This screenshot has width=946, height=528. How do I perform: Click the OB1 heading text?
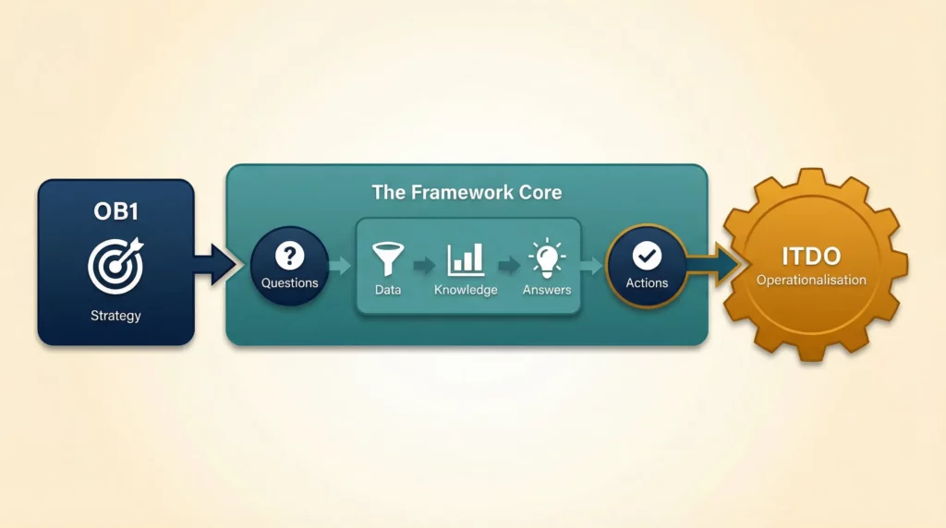[115, 210]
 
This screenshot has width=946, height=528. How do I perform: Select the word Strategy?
[115, 316]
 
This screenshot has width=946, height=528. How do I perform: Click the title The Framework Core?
[467, 193]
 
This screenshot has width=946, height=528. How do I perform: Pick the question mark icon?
[289, 254]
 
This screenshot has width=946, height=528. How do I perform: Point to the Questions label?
[289, 282]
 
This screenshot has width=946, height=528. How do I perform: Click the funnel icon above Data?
[388, 258]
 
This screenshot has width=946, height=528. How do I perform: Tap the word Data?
[388, 290]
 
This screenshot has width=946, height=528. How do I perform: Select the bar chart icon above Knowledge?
[466, 259]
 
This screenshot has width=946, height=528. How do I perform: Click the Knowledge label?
[466, 290]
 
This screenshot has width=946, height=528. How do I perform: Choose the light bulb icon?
[546, 258]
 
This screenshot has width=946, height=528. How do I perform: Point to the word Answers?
[547, 290]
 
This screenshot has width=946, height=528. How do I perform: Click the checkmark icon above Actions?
[647, 254]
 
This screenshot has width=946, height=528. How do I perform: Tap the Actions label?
[647, 282]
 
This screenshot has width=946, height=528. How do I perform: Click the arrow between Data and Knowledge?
[424, 267]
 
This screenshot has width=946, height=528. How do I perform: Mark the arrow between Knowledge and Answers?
[508, 267]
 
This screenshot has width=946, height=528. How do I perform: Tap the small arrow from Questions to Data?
[340, 266]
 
